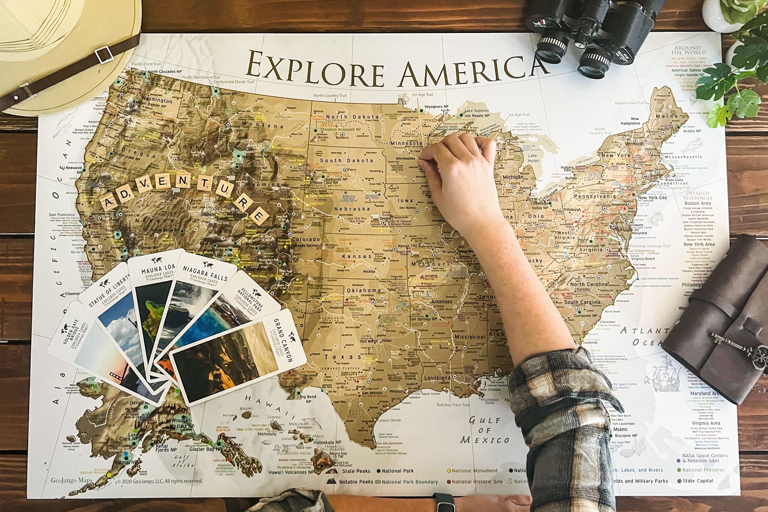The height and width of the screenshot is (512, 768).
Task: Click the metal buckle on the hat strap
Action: (x=104, y=55)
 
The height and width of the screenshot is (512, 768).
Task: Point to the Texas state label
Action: (x=337, y=357)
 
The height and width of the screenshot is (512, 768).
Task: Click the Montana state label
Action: (x=265, y=126)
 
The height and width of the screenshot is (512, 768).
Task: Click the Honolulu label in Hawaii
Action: (x=267, y=433)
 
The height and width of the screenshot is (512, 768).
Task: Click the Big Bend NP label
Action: (x=308, y=399)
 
